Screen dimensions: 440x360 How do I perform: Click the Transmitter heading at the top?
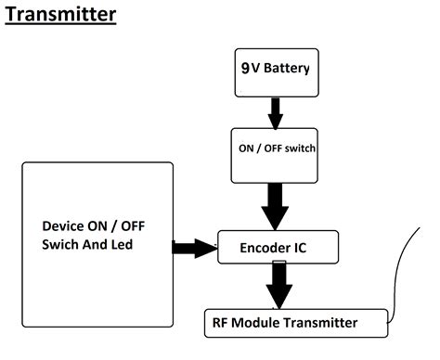(60, 14)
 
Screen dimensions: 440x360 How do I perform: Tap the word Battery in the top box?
(287, 68)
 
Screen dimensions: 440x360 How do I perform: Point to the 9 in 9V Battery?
(245, 68)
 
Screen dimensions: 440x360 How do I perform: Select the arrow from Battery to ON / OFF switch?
(276, 113)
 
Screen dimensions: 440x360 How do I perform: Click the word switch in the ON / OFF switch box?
(300, 148)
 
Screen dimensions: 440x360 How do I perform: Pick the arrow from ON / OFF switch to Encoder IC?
(275, 207)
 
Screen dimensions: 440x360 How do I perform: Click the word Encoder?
(261, 248)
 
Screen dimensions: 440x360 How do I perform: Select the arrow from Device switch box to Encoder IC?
(195, 248)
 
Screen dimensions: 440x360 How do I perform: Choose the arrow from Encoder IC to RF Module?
(279, 285)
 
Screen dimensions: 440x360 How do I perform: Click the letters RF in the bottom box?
(220, 323)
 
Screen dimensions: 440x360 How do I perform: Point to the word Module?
(255, 323)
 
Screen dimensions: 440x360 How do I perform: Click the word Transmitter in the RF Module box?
(321, 323)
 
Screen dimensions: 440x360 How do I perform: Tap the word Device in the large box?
(63, 226)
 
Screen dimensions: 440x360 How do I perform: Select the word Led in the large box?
(122, 245)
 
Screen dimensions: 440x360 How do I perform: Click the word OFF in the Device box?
(133, 226)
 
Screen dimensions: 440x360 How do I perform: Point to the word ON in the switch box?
(246, 148)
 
